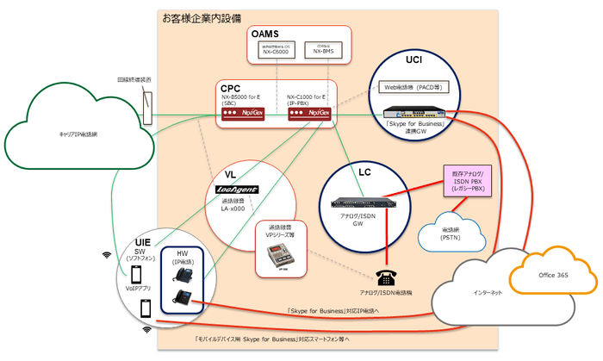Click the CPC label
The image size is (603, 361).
pyautogui.click(x=230, y=88)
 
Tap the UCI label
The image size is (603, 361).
pyautogui.click(x=413, y=62)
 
